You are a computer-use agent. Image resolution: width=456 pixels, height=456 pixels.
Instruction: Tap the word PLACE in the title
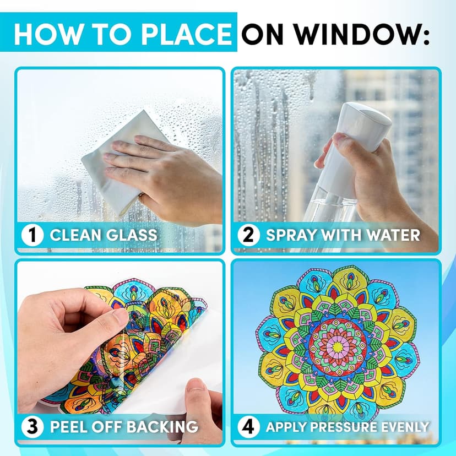click(x=187, y=34)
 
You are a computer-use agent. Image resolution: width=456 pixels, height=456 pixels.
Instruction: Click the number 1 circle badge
click(x=32, y=235)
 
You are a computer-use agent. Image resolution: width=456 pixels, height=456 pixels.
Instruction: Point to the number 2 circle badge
click(x=248, y=235)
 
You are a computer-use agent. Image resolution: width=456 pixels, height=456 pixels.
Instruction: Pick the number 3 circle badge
click(x=32, y=427)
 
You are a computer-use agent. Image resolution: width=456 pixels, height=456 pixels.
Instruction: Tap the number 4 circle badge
click(x=248, y=427)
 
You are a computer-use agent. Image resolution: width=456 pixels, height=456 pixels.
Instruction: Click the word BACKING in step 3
click(x=162, y=427)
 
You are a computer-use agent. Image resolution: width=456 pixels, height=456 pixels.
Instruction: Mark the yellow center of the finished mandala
click(x=338, y=346)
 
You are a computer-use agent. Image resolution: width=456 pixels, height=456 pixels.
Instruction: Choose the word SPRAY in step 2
click(x=291, y=235)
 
